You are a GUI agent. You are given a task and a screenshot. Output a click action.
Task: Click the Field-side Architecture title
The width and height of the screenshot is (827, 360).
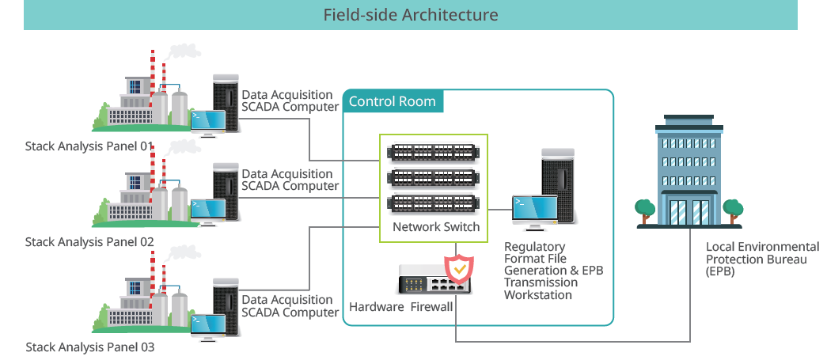coord(410,15)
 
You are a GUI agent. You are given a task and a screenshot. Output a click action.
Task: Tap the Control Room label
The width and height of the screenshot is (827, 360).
coord(392,101)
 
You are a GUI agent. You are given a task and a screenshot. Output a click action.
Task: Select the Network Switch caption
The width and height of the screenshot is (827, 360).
coord(436,228)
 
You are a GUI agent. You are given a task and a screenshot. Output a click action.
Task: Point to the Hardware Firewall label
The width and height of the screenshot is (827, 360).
coord(400,307)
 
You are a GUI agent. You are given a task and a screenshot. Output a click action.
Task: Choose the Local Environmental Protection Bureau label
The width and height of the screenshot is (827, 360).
coord(762,259)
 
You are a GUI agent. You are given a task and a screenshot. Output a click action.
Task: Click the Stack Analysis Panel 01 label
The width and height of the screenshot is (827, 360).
coord(89,146)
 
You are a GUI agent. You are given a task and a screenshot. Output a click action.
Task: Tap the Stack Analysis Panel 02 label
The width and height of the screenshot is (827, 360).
coord(89,241)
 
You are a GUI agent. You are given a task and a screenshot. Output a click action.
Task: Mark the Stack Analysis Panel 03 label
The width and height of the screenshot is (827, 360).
coord(89,347)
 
